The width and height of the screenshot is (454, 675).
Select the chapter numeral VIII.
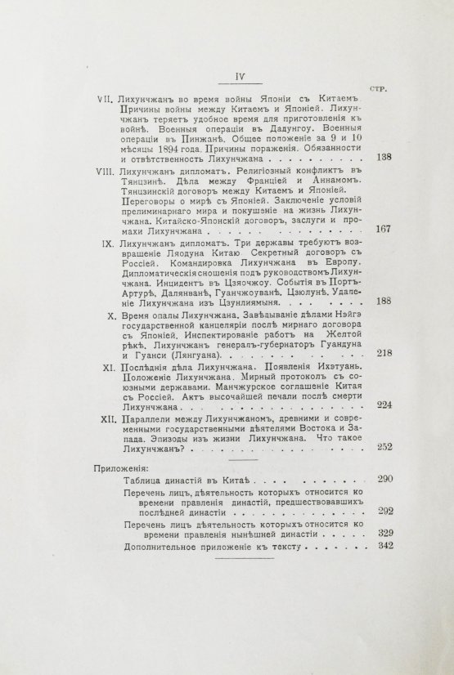click(x=106, y=173)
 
